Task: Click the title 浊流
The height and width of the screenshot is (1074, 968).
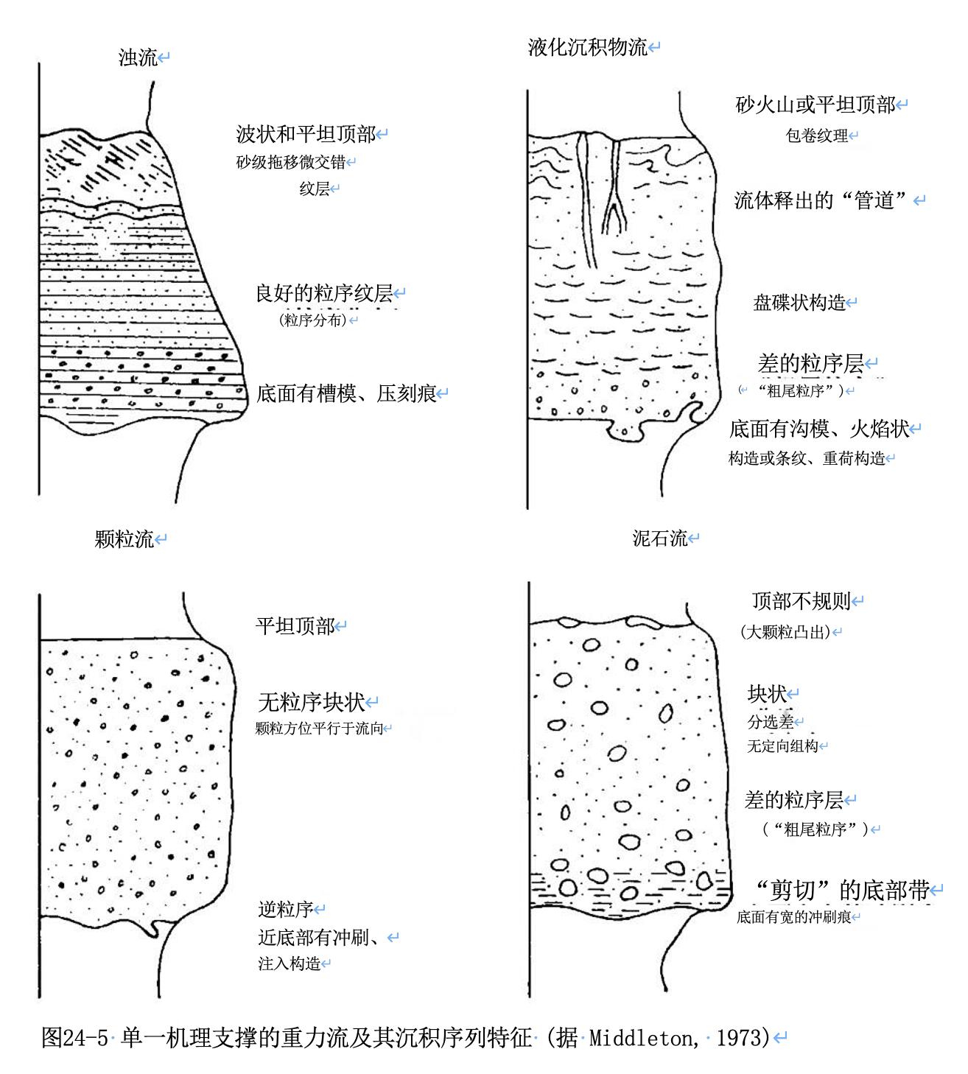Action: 138,57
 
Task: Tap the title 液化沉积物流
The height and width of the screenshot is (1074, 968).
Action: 587,48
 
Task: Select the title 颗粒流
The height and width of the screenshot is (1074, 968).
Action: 124,539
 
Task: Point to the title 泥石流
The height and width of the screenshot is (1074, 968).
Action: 659,538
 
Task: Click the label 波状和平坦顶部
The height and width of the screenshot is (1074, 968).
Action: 306,134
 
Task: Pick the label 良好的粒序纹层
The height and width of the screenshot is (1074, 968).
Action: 324,294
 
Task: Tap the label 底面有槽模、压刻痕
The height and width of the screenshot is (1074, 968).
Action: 346,394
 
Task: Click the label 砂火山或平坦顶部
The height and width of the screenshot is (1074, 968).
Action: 816,105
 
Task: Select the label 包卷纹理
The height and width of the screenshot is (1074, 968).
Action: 816,136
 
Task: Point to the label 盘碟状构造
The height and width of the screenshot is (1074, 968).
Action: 799,303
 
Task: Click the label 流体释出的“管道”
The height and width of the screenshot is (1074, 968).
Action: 820,200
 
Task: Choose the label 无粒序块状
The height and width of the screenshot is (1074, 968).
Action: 312,702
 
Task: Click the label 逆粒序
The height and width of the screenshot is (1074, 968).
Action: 285,910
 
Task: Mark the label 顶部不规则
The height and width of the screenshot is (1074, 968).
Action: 802,601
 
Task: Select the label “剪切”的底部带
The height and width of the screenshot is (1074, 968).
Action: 843,891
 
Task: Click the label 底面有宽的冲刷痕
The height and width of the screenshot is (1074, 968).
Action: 794,917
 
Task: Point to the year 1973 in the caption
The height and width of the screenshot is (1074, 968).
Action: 743,1038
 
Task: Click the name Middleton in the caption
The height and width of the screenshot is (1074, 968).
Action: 640,1038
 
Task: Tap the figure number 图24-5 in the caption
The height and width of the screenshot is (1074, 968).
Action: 74,1038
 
